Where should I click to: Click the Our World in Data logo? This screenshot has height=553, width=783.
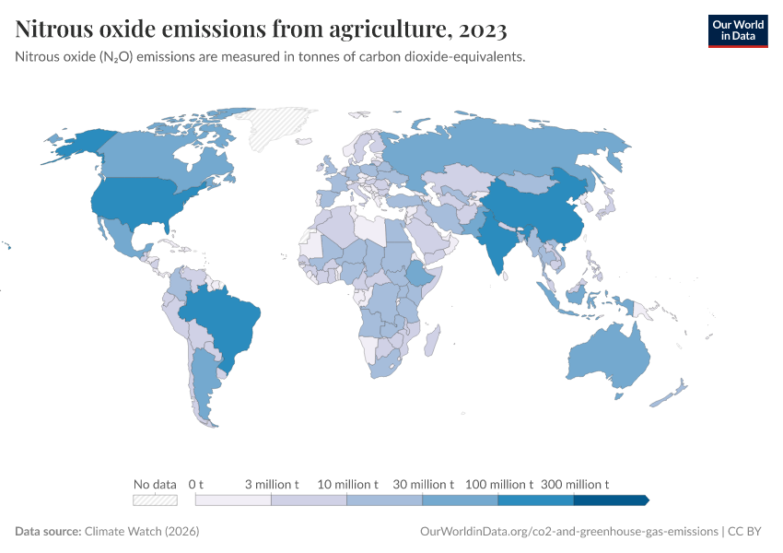[x=737, y=30]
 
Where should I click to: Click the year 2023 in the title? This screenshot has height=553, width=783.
[x=481, y=30]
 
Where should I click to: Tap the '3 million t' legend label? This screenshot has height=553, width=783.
[x=272, y=484]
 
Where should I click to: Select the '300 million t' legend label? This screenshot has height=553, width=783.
[x=575, y=484]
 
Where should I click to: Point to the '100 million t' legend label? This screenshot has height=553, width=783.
[x=499, y=484]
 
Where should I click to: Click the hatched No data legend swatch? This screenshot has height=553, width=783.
[x=155, y=500]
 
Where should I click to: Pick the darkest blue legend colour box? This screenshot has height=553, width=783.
[x=610, y=500]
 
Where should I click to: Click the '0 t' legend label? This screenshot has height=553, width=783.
[x=195, y=484]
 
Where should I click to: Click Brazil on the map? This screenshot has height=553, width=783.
[x=225, y=318]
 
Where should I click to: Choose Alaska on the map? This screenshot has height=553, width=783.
[x=77, y=143]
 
